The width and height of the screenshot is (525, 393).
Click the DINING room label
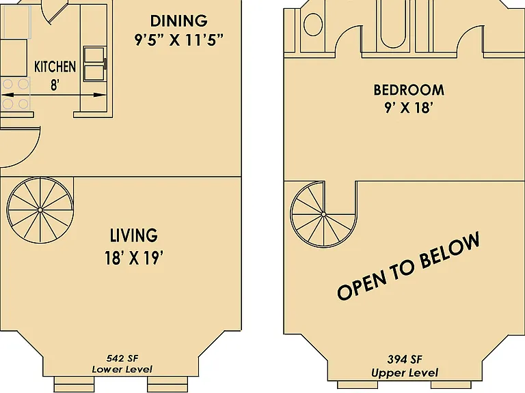[179, 20]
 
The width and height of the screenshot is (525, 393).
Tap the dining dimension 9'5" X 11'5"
[179, 40]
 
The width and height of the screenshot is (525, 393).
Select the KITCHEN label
[55, 66]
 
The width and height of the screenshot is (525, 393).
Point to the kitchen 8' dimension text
[55, 85]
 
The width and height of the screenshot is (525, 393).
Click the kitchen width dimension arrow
[54, 95]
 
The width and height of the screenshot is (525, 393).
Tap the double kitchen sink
[94, 64]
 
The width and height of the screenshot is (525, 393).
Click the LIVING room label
[134, 235]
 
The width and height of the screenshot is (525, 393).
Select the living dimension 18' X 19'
[134, 258]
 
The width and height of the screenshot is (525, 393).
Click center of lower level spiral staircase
[40, 210]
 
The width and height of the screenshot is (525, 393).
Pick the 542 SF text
[122, 358]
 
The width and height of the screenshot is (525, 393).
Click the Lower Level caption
[122, 369]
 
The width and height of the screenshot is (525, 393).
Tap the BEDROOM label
[409, 90]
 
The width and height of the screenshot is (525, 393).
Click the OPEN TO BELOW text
[409, 265]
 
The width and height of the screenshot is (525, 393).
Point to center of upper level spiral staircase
[323, 214]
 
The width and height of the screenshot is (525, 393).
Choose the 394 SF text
[405, 360]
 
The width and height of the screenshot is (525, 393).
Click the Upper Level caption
[405, 373]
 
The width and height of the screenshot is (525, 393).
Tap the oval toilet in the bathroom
[313, 25]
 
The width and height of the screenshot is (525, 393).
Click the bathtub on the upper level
[393, 23]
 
